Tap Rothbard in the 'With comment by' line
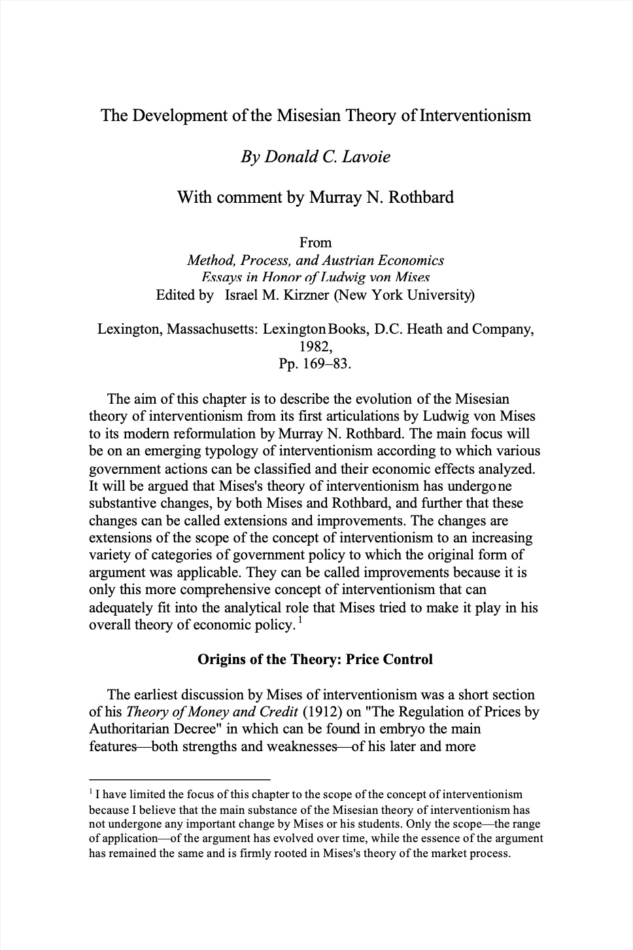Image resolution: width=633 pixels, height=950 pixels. coord(420,197)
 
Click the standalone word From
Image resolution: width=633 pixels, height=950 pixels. coord(316,243)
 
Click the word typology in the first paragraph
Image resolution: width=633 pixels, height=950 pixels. coord(251,451)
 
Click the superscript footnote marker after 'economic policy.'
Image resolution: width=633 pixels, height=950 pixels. coord(299,620)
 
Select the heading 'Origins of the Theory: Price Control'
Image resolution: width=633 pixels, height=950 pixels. coord(315,659)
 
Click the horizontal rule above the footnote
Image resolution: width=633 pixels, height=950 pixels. coord(179,779)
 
